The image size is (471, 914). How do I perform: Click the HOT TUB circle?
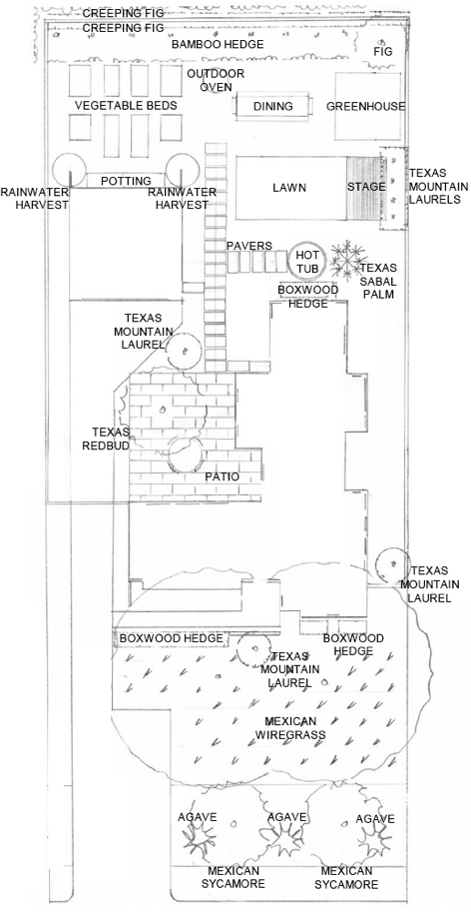click(306, 262)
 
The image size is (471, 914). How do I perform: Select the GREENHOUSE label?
click(366, 107)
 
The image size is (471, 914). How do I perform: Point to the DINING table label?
click(272, 106)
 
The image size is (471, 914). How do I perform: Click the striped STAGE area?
click(365, 188)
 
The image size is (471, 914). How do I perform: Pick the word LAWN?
click(288, 188)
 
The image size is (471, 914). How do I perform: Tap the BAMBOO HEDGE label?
click(218, 46)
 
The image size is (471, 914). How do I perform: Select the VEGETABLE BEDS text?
click(126, 105)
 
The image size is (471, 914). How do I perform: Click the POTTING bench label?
click(126, 181)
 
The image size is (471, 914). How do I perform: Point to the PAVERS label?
click(249, 245)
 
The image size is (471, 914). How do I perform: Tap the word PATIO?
click(222, 476)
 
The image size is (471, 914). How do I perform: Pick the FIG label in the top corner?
click(383, 51)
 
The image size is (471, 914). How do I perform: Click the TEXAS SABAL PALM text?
click(378, 282)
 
